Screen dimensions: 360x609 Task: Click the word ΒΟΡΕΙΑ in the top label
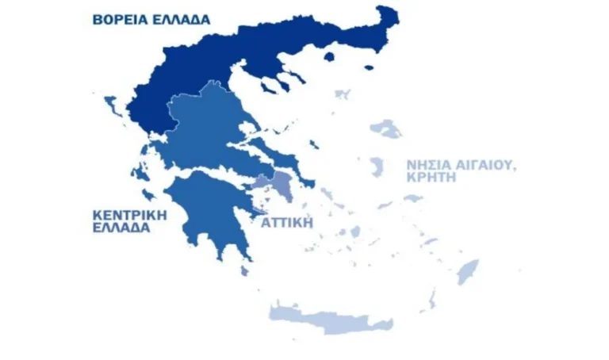point(120,20)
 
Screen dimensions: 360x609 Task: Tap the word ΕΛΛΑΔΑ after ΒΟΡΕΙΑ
point(182,20)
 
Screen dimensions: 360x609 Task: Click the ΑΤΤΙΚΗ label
point(287,223)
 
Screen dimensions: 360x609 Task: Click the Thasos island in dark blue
point(329,56)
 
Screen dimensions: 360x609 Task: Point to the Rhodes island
point(468,271)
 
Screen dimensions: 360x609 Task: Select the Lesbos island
point(388,128)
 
